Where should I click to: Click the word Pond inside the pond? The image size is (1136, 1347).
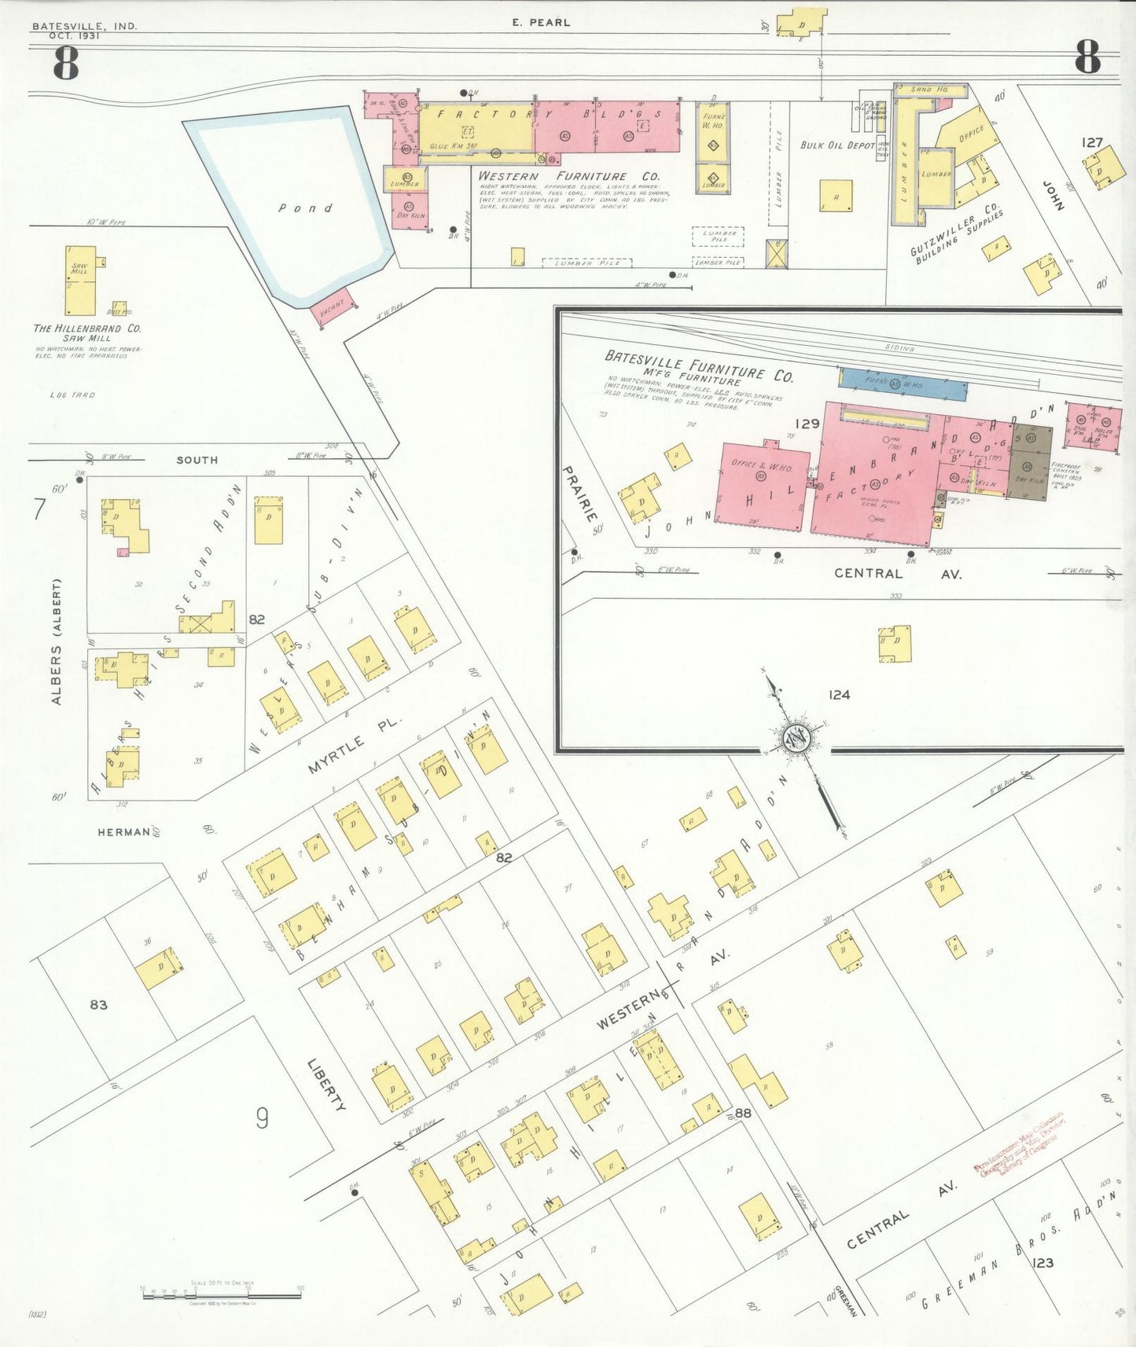(x=306, y=208)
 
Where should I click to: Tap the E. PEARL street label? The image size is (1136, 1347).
(x=541, y=22)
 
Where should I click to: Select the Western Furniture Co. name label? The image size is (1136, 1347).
(x=568, y=176)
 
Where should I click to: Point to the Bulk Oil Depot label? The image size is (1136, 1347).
(x=837, y=145)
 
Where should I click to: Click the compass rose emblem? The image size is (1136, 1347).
(x=795, y=738)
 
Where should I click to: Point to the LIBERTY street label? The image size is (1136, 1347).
(x=326, y=1085)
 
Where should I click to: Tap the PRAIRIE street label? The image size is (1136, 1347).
(x=579, y=494)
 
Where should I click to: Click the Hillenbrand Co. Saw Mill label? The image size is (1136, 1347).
(x=87, y=332)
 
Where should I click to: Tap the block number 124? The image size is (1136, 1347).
(x=839, y=695)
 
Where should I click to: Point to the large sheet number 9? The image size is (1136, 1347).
(x=262, y=1118)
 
